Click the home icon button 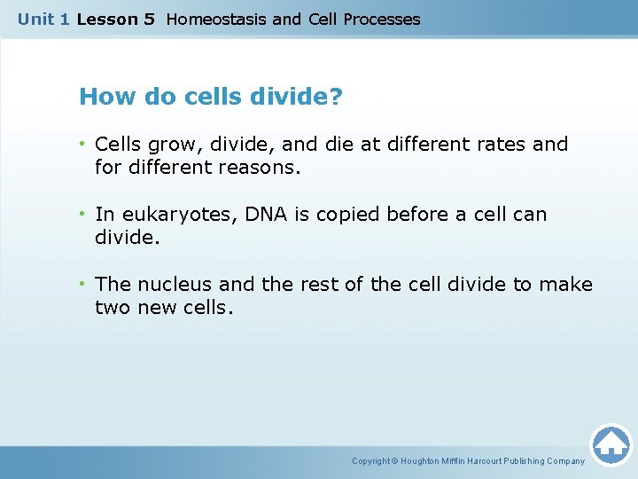tap(611, 444)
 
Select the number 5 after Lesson tap(148, 19)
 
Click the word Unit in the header tap(36, 19)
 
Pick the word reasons tap(266, 167)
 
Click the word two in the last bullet tap(113, 307)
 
